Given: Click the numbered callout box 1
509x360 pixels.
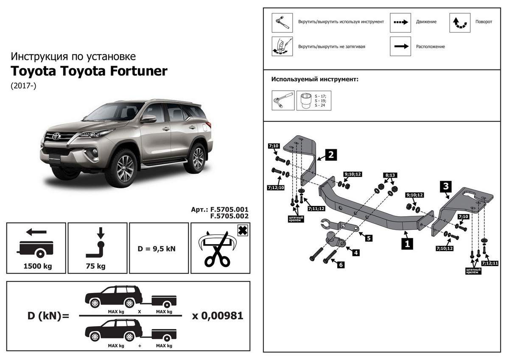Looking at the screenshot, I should coord(407,244).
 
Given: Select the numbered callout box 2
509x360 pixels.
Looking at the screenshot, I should coord(331,155).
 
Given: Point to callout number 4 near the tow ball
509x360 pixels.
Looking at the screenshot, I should coord(356,253).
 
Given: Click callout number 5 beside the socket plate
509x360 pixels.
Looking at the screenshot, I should coord(369,238).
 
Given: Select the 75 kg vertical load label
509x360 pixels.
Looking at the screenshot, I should coord(98,267).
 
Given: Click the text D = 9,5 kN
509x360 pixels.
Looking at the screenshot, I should coord(159,248).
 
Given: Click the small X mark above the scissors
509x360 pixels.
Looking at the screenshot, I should coord(242,231).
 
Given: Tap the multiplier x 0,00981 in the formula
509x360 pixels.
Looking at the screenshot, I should coord(218,316).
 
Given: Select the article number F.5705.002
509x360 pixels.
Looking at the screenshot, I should coord(229,215).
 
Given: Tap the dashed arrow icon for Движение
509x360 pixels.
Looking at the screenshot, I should coord(401,22).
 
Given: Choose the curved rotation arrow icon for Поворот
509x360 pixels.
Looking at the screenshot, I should coord(460,22).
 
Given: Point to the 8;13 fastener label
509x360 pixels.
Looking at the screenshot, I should coord(389,175).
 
